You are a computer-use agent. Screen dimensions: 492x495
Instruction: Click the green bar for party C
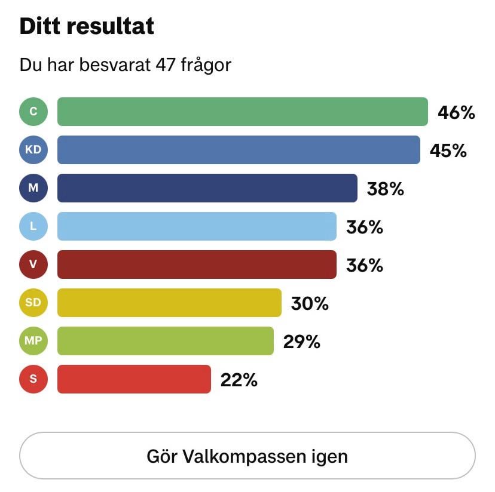[x=242, y=112]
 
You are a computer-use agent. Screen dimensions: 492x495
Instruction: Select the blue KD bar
[x=239, y=150]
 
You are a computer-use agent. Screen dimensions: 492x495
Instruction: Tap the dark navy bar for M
[x=207, y=188]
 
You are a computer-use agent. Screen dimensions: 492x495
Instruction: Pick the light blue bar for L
[x=197, y=226]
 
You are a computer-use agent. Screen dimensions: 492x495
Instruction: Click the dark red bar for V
[x=197, y=265]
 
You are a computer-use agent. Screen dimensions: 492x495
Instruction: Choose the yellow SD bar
[x=169, y=303]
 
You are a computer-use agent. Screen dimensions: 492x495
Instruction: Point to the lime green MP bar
[x=165, y=341]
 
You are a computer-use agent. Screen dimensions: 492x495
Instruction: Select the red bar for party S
[x=134, y=379]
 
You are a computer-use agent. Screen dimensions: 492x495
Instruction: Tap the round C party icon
[x=33, y=112]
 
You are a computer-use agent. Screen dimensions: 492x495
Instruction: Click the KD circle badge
[x=33, y=150]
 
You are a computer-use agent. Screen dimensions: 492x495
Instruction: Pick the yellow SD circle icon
[x=33, y=303]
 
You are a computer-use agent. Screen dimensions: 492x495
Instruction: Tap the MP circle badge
[x=33, y=341]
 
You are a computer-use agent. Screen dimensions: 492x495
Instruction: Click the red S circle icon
[x=33, y=379]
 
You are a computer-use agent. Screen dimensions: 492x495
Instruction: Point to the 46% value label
[x=456, y=112]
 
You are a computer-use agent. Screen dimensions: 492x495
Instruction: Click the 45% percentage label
[x=448, y=150]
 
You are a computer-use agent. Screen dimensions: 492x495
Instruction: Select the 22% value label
[x=239, y=380]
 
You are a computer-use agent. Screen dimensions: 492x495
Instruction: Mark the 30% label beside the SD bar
[x=310, y=303]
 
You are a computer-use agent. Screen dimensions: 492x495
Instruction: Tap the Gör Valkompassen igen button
[x=247, y=456]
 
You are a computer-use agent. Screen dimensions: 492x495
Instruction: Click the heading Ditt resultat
[x=87, y=26]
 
